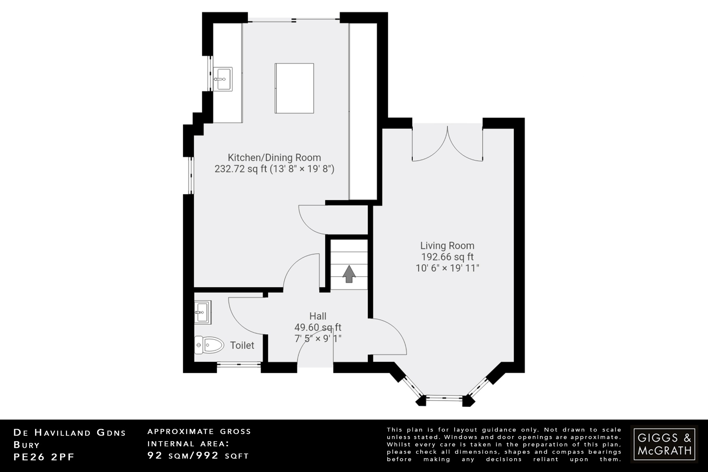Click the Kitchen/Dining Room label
274,158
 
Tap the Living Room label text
447,246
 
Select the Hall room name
317,316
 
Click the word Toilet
242,345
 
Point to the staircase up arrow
349,274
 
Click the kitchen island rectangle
294,88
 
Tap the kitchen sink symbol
222,79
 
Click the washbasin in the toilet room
202,312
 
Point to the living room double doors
447,145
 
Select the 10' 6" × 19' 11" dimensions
447,268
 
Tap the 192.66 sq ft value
447,257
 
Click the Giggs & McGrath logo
664,444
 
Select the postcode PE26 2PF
44,457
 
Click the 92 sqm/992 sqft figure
198,455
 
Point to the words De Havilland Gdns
69,433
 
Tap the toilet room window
239,364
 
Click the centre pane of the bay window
444,398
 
